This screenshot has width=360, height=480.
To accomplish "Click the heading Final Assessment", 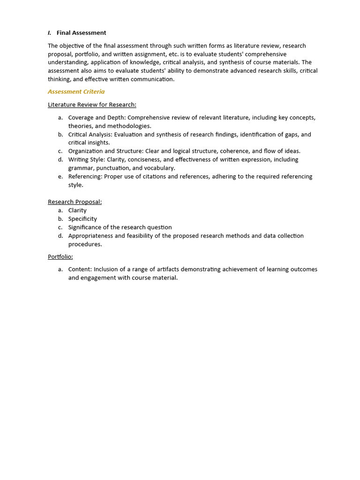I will (x=81, y=33).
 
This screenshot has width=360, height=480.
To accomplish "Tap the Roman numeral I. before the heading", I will (x=49, y=33).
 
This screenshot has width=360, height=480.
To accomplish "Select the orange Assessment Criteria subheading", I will (x=76, y=92).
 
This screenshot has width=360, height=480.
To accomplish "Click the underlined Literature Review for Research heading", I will (x=92, y=105).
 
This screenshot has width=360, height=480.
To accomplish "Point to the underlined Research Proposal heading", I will (x=75, y=202).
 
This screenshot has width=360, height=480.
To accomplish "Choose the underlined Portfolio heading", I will (x=60, y=257).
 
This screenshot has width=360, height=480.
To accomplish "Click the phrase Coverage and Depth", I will (x=97, y=118).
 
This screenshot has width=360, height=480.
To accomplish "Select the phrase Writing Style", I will (x=86, y=160).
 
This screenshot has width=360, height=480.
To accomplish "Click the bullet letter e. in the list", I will (x=60, y=177).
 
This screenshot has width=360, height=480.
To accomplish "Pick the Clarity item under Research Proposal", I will (x=77, y=210).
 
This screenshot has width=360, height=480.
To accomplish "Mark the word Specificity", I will (x=82, y=219).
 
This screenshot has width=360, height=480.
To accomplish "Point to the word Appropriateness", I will (x=93, y=236).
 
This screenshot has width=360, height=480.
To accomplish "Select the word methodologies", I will (x=129, y=126).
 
